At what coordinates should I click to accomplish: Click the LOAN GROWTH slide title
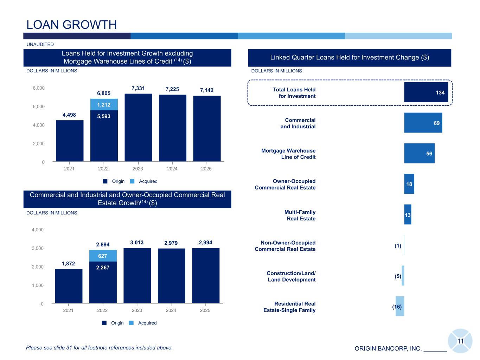72,25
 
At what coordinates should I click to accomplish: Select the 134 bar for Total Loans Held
426,92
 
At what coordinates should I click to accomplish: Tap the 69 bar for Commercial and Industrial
423,123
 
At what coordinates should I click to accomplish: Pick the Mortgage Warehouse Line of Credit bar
419,153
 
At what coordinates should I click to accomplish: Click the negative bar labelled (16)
399,306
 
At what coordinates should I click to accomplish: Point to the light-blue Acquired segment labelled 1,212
104,104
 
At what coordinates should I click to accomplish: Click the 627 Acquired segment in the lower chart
103,256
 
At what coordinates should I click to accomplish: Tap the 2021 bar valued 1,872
69,286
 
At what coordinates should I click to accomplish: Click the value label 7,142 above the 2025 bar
207,90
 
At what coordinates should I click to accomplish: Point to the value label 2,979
171,243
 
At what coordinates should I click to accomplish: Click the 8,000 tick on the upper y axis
39,88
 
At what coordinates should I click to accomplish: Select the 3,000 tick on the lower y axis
38,249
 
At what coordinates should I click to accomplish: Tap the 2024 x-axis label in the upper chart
172,169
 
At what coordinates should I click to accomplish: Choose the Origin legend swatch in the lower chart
104,323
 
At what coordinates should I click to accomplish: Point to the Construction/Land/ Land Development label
291,276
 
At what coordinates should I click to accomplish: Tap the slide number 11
460,341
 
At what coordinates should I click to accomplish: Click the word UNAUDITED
40,45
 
